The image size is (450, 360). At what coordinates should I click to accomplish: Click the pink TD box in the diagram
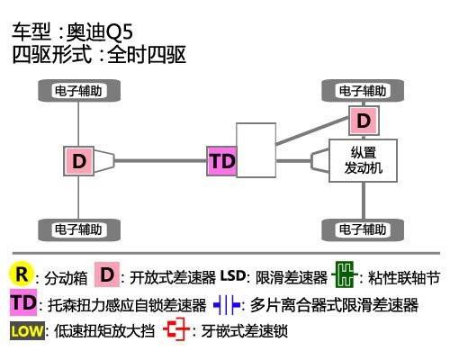[x=221, y=161]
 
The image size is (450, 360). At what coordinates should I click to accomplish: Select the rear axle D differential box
[x=78, y=161]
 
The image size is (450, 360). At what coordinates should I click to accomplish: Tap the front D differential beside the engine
[x=364, y=121]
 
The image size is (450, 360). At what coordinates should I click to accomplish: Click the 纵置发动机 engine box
[x=364, y=160]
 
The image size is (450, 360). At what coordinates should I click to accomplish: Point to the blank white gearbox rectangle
[x=256, y=150]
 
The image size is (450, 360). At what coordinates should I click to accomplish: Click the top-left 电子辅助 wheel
[x=79, y=91]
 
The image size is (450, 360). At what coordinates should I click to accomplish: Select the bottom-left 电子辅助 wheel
[x=79, y=229]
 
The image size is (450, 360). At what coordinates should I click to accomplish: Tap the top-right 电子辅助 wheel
[x=363, y=91]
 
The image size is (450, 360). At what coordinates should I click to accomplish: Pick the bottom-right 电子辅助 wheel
[x=363, y=229]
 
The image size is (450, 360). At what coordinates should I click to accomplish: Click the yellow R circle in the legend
[x=21, y=274]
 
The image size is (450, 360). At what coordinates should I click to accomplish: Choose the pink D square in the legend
[x=107, y=274]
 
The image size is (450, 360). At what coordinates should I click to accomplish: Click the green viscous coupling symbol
[x=345, y=274]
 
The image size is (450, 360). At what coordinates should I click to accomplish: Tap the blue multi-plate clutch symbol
[x=227, y=305]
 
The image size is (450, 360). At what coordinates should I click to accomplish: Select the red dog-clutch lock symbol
[x=176, y=329]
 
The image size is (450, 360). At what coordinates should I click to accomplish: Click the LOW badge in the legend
[x=27, y=331]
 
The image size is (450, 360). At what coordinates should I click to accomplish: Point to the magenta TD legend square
[x=23, y=302]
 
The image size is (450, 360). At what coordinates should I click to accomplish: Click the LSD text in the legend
[x=233, y=275]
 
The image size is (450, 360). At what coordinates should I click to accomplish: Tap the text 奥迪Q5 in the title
[x=100, y=31]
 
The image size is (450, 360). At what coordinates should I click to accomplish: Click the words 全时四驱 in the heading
[x=147, y=55]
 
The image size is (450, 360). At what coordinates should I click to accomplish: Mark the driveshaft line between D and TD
[x=160, y=161]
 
